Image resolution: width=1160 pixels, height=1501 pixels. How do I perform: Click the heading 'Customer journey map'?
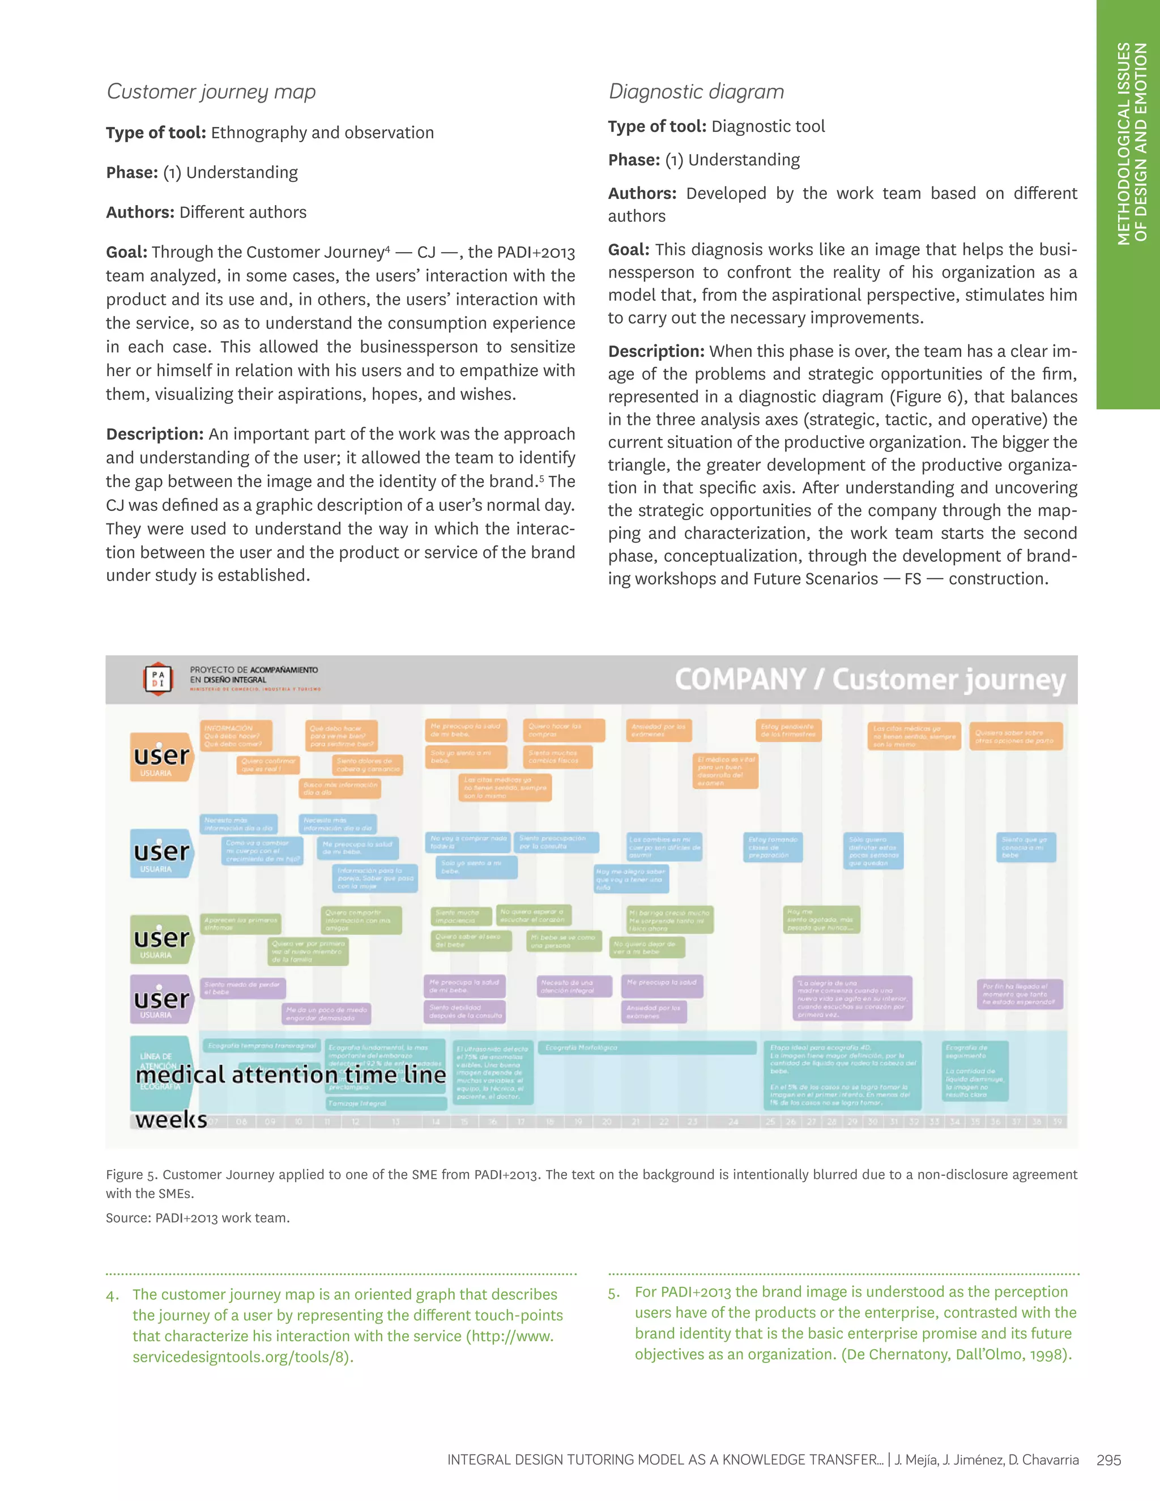(x=211, y=91)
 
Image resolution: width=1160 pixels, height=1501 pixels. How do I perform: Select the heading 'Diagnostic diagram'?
(x=696, y=91)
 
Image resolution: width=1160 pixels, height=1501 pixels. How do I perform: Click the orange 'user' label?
(x=161, y=757)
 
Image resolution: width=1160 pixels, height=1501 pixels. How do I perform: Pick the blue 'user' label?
(x=161, y=853)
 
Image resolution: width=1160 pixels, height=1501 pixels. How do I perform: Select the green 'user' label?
(x=161, y=939)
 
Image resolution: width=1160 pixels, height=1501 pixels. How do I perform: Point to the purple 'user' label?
(x=161, y=999)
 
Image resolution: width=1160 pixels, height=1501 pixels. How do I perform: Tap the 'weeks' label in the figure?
(x=171, y=1120)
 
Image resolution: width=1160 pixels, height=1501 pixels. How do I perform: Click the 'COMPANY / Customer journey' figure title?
(x=869, y=680)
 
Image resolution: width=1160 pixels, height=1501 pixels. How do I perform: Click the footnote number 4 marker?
(x=113, y=1295)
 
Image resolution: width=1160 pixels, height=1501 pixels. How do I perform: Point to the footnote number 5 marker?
(x=613, y=1293)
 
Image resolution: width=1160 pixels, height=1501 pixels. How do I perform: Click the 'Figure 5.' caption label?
(x=131, y=1175)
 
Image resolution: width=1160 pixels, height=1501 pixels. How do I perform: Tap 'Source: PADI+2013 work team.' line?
(x=198, y=1218)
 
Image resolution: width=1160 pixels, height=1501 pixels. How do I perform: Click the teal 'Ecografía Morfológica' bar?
(x=646, y=1047)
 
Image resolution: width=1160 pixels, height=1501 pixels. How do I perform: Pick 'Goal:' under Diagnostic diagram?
(x=628, y=249)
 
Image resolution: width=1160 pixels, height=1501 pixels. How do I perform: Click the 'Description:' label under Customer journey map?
(x=155, y=434)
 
